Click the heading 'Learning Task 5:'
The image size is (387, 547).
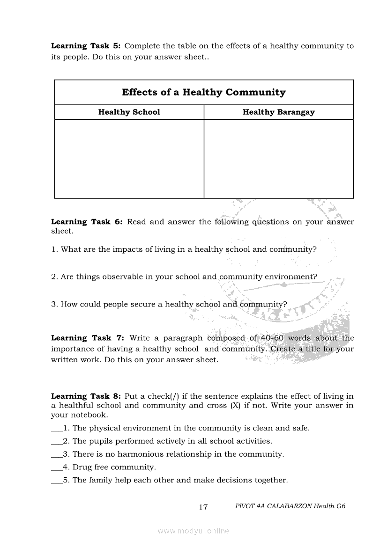click(x=86, y=46)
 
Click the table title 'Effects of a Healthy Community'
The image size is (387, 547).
click(x=204, y=92)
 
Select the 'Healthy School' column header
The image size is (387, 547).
click(x=129, y=112)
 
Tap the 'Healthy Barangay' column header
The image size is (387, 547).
click(x=279, y=112)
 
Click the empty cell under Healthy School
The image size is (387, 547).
click(x=129, y=159)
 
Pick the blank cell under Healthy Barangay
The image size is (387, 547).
click(x=279, y=159)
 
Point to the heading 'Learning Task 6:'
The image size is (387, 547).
click(x=87, y=222)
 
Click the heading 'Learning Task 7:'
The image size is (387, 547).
click(x=88, y=338)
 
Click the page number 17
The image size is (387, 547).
click(x=203, y=507)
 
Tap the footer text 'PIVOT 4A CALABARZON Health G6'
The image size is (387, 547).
click(x=290, y=506)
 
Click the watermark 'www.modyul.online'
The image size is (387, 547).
click(x=193, y=531)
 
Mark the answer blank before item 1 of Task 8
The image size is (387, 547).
click(x=56, y=429)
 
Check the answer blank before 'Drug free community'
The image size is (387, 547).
click(x=56, y=468)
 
